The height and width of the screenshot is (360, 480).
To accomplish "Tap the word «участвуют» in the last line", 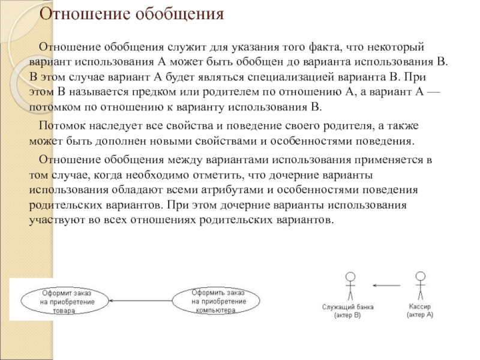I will click(55, 220).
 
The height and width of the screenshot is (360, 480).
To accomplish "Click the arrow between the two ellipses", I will click(142, 301).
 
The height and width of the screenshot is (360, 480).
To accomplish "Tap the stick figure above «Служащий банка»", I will click(350, 285).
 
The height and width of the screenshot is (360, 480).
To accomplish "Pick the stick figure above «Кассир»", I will click(420, 284).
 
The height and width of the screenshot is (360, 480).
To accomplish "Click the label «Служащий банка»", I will click(348, 307).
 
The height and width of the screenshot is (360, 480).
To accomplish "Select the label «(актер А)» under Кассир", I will click(419, 314).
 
